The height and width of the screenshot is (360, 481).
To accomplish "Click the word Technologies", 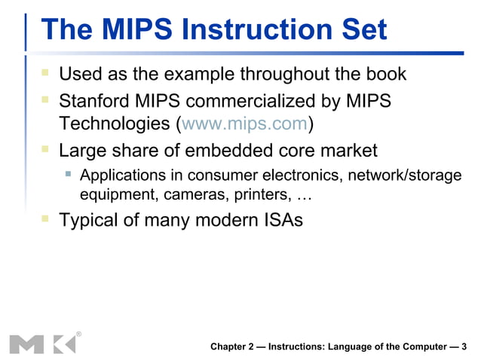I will (113, 124).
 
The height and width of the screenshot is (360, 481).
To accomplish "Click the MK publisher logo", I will (43, 343).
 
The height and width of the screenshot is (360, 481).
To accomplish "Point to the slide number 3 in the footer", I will (464, 346).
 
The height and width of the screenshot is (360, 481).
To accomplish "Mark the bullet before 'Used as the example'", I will (45, 75).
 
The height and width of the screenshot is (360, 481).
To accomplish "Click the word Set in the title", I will (361, 30).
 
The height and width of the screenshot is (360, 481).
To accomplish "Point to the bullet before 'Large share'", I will (45, 150).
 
